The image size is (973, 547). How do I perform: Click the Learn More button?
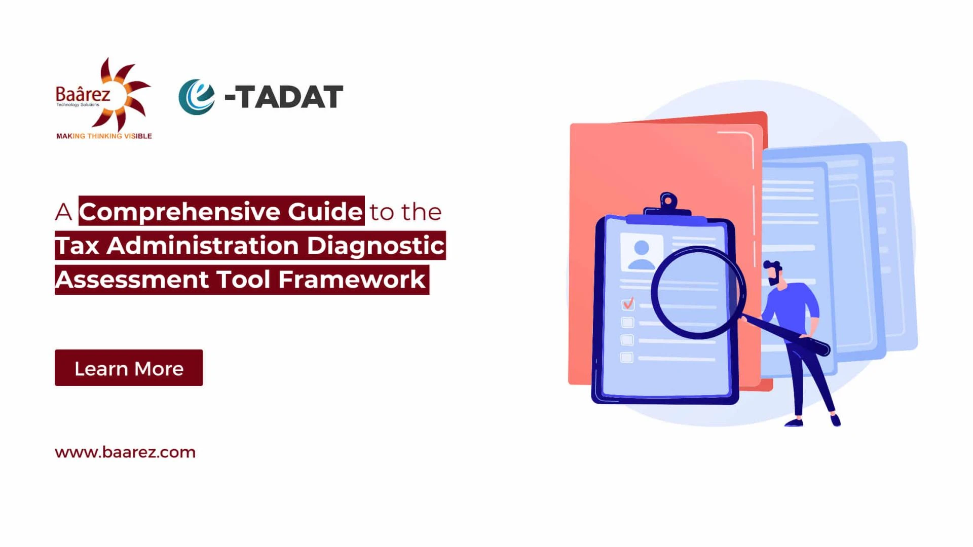click(129, 368)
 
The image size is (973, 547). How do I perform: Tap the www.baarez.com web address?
click(125, 452)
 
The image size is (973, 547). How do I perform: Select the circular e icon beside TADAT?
click(197, 97)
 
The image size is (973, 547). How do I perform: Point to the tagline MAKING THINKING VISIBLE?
click(104, 136)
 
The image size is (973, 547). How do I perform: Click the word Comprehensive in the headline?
click(181, 211)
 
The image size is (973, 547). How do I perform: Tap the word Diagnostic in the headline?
click(376, 246)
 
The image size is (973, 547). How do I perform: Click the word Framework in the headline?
click(352, 279)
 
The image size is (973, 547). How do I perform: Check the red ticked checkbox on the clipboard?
click(628, 304)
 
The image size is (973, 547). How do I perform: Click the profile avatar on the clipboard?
click(642, 253)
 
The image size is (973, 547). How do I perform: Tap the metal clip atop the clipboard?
click(668, 205)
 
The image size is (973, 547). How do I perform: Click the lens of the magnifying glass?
click(698, 292)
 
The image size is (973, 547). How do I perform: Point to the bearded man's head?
click(774, 273)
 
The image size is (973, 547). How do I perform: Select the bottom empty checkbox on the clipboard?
click(627, 358)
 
